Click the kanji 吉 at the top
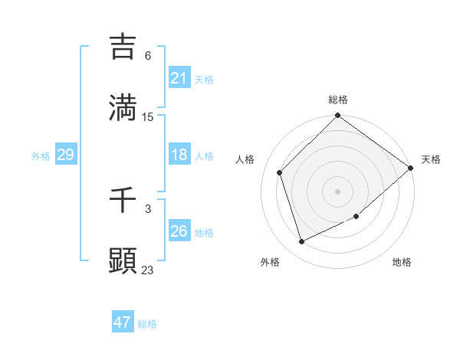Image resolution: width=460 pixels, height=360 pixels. (123, 47)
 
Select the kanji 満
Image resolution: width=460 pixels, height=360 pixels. (123, 108)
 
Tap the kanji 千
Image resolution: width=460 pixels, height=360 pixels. (123, 200)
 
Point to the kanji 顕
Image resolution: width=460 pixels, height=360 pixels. (123, 261)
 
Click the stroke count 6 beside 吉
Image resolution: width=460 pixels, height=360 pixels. (148, 56)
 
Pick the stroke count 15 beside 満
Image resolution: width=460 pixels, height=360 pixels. (148, 117)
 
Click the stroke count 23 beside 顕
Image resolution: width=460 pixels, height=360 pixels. (148, 270)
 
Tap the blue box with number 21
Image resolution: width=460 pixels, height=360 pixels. (179, 78)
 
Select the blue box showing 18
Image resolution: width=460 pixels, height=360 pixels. (179, 155)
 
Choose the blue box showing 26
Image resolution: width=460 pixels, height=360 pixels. (179, 231)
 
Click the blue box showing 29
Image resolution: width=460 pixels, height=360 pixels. (65, 155)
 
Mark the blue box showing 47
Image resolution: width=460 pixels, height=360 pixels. (123, 322)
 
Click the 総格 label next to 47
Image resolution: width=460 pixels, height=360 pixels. (147, 324)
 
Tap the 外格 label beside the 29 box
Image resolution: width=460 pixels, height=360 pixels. (41, 156)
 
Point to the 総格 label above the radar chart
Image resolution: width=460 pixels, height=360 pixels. (338, 100)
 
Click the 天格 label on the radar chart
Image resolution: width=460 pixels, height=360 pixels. (431, 159)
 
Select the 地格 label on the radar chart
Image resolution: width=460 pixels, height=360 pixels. (402, 262)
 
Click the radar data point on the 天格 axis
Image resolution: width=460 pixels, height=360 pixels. (411, 168)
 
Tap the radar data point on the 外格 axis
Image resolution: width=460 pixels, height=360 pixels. (301, 242)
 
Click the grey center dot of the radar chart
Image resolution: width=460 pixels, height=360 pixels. (338, 191)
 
